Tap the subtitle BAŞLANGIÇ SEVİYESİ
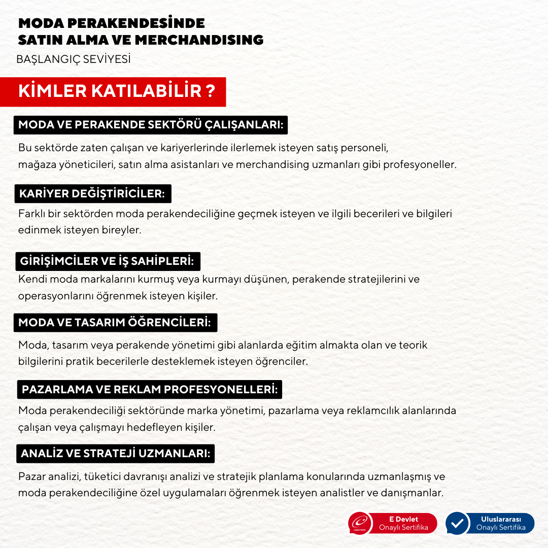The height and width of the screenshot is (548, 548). pos(74,59)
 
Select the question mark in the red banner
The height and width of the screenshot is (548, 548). pos(210,91)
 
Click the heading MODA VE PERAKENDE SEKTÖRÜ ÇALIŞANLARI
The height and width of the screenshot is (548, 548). pos(150,125)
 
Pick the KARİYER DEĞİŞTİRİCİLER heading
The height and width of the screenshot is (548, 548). pos(92,193)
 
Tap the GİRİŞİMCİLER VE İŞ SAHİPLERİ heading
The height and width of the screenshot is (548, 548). pos(107,261)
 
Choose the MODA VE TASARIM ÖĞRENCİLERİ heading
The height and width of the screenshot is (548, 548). pos(115,322)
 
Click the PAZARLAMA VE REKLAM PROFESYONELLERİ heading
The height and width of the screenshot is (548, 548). pos(149,390)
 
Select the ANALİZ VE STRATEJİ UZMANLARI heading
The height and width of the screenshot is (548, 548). pos(115,454)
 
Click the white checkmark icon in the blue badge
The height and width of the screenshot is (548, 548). pos(457,524)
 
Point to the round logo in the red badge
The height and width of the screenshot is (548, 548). pos(360,524)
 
